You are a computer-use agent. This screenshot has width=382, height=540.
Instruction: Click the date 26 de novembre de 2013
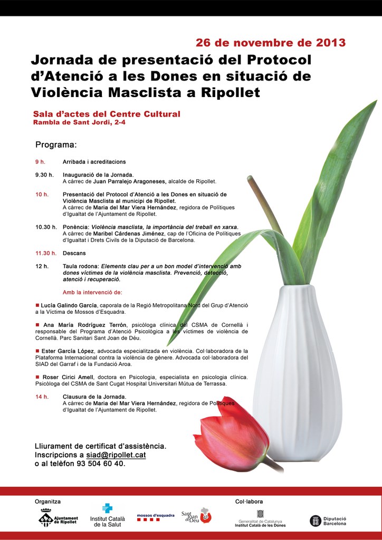pos(271,43)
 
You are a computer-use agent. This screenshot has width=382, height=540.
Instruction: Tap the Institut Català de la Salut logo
pos(108,515)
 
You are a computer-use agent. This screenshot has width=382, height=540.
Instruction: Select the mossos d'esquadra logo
pos(155,517)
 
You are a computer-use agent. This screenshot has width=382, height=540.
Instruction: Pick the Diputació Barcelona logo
pos(328,521)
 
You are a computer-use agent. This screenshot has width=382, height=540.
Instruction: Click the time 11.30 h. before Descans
pos(46,253)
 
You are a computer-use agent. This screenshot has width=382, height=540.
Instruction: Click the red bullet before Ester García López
pos(37,350)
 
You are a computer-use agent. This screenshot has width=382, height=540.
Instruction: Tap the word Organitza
pos(47,502)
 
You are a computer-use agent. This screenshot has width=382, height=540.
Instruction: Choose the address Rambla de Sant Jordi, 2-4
pos(79,122)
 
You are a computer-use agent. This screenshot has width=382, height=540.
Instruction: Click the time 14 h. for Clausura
pos(42,397)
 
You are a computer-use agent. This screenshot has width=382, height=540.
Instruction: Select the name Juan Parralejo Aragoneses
pos(134,181)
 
